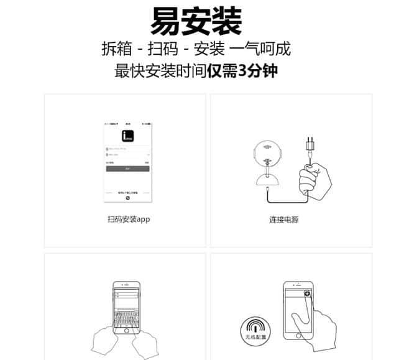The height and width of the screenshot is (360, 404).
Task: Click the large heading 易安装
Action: [x=196, y=21]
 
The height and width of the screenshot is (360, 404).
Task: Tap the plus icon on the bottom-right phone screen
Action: [x=306, y=293]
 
